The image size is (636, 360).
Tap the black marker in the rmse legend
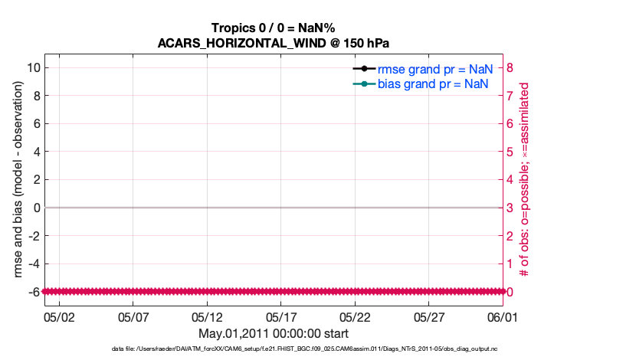tap(364, 69)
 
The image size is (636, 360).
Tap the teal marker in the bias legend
tap(364, 83)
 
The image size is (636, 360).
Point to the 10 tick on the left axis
tap(34, 67)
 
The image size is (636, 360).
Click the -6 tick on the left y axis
tap(34, 292)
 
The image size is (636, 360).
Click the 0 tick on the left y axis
tap(36, 208)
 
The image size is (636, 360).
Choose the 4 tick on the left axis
tap(36, 152)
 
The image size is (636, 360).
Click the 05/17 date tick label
tap(281, 316)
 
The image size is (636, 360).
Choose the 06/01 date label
tap(503, 316)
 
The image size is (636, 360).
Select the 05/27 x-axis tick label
tap(429, 316)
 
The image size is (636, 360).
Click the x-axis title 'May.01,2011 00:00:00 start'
tap(274, 334)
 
